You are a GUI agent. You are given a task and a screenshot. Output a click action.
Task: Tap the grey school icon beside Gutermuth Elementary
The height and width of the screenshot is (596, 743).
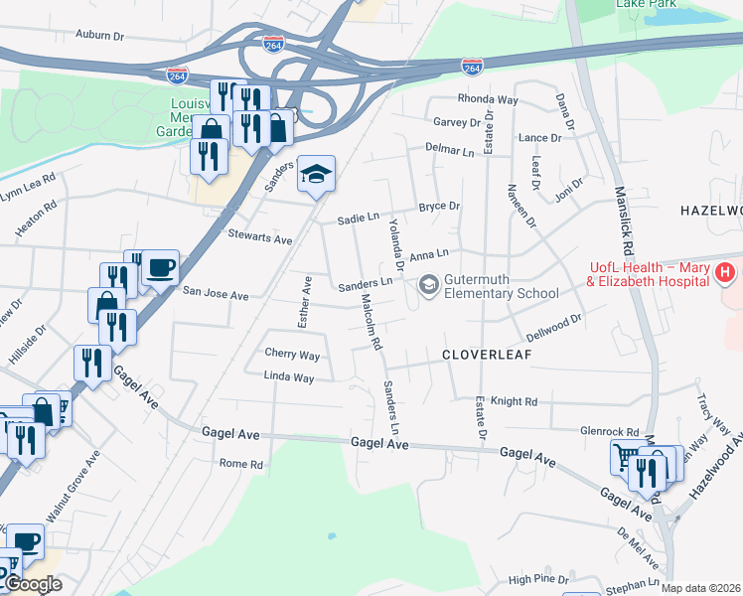pos(428,286)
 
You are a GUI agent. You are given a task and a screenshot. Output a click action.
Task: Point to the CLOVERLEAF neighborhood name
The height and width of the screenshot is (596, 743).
pos(488,354)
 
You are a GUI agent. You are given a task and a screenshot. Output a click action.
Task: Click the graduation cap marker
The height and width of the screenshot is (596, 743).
pos(316,175)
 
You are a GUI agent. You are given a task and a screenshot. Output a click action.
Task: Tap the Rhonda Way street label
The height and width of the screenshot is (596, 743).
pos(488,99)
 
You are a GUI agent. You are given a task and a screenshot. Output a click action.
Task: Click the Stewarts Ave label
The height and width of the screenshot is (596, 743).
pos(260,240)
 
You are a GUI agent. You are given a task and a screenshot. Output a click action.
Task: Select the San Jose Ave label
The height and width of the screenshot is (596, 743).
pos(216,295)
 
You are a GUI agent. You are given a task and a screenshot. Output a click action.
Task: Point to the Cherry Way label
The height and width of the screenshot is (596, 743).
pos(292,355)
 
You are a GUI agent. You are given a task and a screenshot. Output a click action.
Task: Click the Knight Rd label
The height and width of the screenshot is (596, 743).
pos(514,401)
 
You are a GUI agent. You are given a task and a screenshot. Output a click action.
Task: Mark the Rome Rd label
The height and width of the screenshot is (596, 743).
pos(240,464)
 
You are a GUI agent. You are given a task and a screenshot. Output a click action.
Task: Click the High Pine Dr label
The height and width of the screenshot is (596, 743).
pos(537,578)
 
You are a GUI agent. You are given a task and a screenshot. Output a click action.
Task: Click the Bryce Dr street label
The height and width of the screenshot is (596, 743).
pos(438,207)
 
